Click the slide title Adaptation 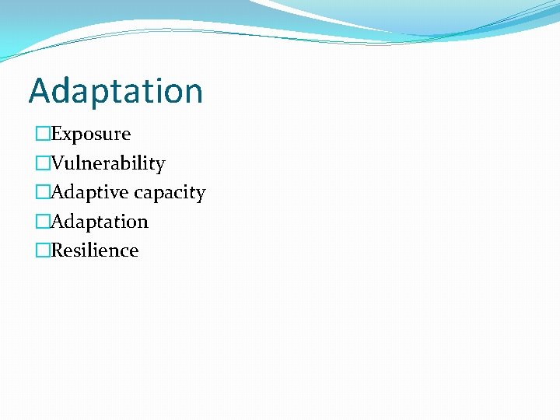coord(116,91)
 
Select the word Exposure coord(91,135)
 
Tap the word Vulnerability coord(108,163)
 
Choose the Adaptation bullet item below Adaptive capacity coord(100,222)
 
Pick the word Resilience coord(95,250)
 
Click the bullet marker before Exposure coord(42,135)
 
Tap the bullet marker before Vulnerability coord(42,163)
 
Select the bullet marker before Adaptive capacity coord(42,192)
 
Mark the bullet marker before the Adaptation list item coord(42,222)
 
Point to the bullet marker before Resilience coord(42,250)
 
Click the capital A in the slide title coord(39,91)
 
